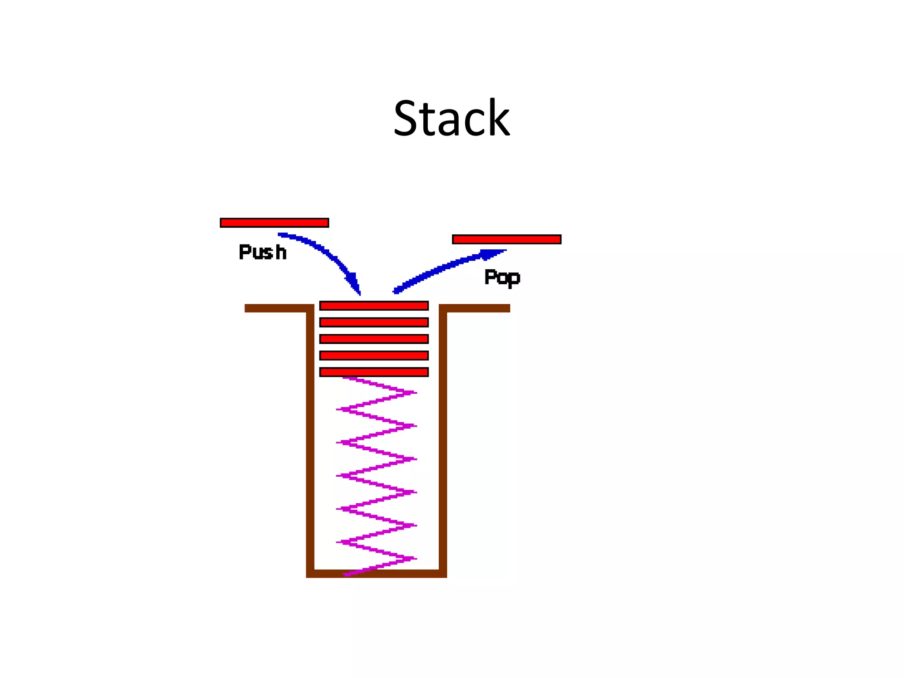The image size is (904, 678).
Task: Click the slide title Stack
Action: coord(451,118)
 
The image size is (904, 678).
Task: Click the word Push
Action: coord(263,252)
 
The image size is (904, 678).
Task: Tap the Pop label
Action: coord(502,277)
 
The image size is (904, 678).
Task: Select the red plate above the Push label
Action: coord(274,223)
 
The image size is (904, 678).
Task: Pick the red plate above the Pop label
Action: coord(506,239)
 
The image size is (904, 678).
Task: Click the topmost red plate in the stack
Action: coord(374,306)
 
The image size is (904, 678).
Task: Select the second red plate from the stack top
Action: coord(374,323)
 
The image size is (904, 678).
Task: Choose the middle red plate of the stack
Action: coord(374,339)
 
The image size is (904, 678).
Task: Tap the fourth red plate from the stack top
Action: coord(374,356)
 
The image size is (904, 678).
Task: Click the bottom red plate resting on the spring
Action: coord(374,372)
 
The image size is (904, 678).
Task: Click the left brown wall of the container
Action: coord(310,441)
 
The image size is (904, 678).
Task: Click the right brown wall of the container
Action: coord(443,441)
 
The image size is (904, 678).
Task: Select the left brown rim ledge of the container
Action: coord(276,308)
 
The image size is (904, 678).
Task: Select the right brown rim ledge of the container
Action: coord(477,308)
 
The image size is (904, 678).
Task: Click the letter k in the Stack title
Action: coord(498,117)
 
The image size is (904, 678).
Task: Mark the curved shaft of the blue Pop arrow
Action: coord(437,269)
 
